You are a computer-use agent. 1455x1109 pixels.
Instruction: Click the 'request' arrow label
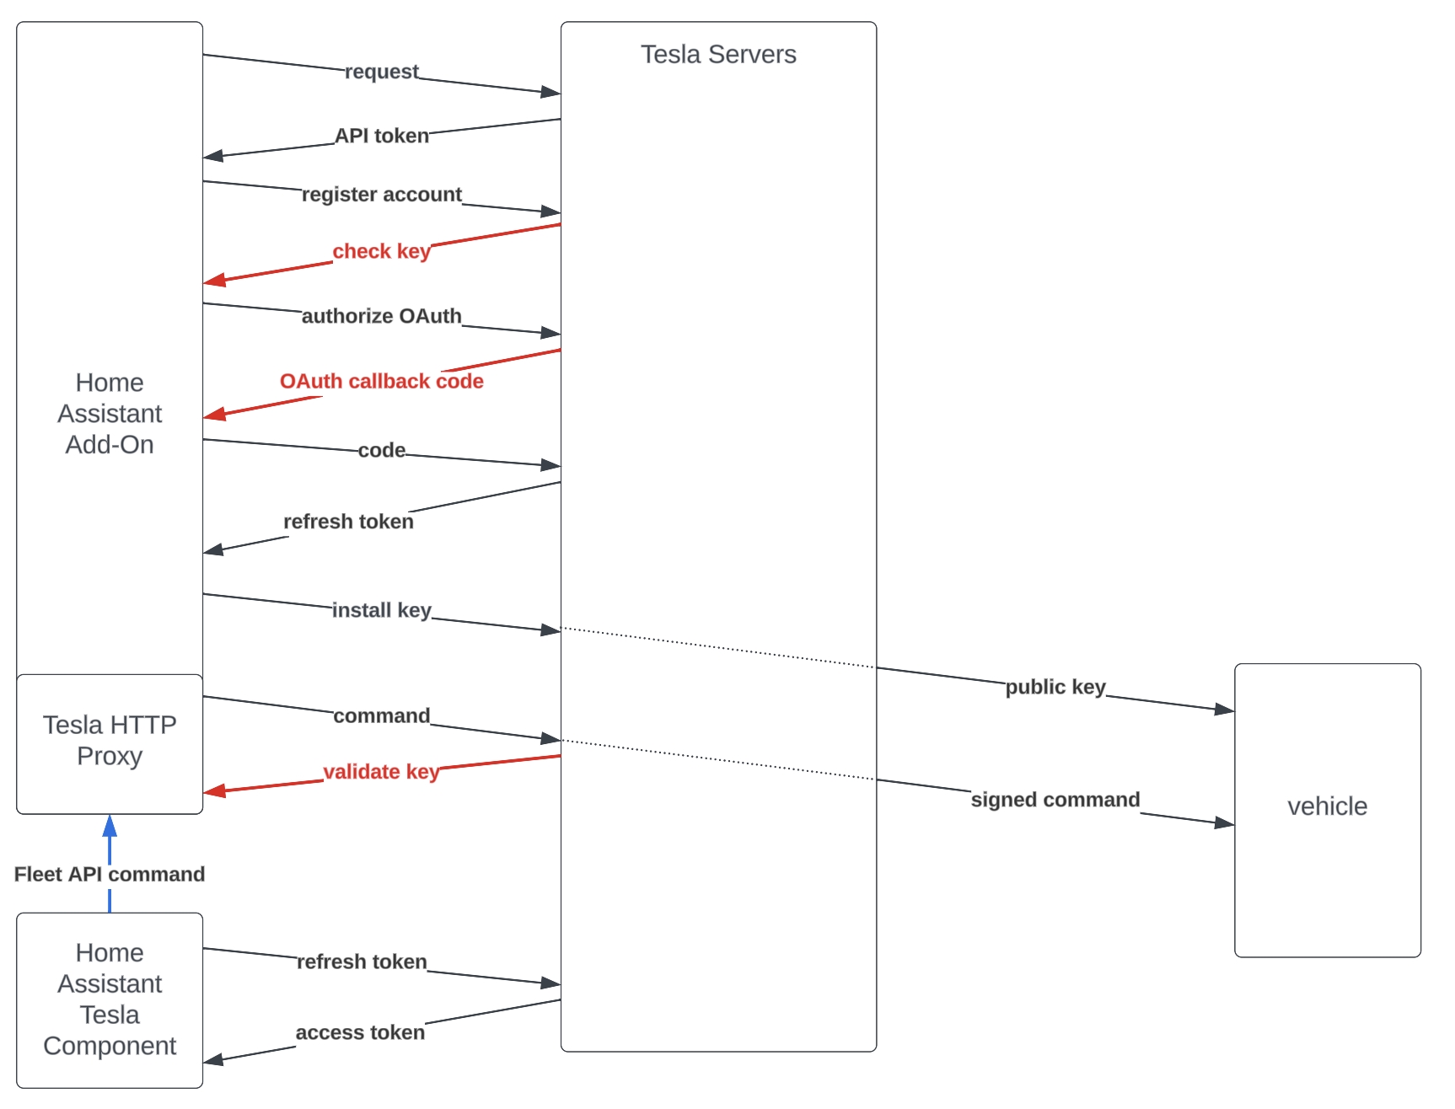coord(381,72)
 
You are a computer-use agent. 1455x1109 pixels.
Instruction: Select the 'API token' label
coord(381,136)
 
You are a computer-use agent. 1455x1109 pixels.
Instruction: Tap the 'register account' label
coord(381,195)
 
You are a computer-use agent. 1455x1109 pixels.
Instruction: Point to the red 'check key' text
coord(381,251)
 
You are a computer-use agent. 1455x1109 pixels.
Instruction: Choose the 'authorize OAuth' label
coord(381,316)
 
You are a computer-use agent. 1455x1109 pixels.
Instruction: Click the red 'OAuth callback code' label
coord(381,381)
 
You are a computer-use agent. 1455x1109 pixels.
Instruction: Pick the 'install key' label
coord(381,610)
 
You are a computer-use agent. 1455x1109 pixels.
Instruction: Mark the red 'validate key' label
coord(381,772)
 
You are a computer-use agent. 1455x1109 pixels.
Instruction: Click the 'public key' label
coord(1055,687)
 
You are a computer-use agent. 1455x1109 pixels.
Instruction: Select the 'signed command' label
coord(1055,800)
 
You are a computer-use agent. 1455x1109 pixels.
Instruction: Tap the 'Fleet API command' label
coord(110,874)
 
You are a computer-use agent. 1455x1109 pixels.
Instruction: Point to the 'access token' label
coord(360,1032)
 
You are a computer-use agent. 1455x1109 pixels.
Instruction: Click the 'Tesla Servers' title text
coord(718,55)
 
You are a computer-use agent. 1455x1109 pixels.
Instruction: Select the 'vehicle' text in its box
coord(1327,806)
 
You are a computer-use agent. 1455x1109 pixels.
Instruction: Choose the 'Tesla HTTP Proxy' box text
coord(110,741)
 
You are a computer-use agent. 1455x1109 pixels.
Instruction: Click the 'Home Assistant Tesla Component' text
coord(110,999)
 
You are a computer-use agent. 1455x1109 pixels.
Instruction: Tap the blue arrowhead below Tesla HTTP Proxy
coord(110,826)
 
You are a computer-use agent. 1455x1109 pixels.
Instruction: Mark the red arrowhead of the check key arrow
coord(214,280)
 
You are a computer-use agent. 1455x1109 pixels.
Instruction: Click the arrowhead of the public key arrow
coord(1225,710)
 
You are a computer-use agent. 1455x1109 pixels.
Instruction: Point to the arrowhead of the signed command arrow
coord(1225,822)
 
